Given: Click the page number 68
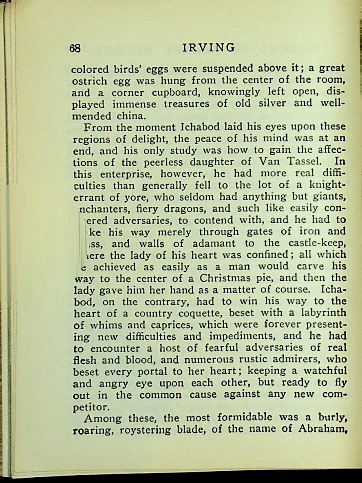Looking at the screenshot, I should click(x=75, y=48).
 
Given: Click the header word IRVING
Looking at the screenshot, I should click(x=208, y=48).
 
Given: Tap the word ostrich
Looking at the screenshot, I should click(x=87, y=81).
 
